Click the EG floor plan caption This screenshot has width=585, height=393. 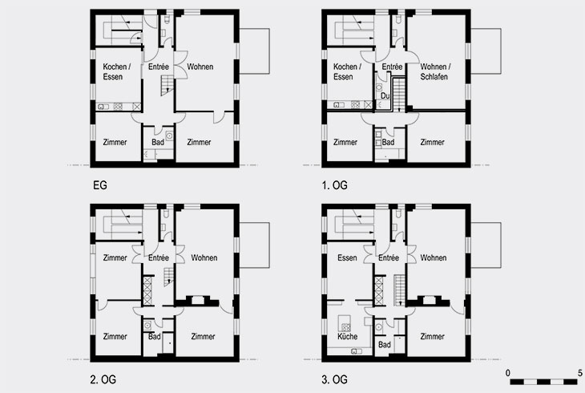pyautogui.click(x=100, y=185)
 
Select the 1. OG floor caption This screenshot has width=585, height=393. pyautogui.click(x=335, y=185)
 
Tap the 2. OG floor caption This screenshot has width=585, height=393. pyautogui.click(x=103, y=379)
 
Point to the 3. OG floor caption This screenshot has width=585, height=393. pyautogui.click(x=335, y=379)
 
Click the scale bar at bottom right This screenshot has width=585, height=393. pyautogui.click(x=544, y=382)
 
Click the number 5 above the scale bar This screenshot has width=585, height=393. pyautogui.click(x=579, y=373)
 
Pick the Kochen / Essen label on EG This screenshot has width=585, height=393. pyautogui.click(x=117, y=71)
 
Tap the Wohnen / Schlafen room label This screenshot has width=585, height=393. pyautogui.click(x=435, y=71)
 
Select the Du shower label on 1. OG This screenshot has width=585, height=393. pyautogui.click(x=385, y=96)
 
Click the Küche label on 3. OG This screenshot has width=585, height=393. pyautogui.click(x=347, y=337)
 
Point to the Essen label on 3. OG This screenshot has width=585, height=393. pyautogui.click(x=347, y=257)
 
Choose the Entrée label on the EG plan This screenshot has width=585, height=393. pyautogui.click(x=159, y=67)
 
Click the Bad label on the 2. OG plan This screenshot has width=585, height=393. pyautogui.click(x=154, y=337)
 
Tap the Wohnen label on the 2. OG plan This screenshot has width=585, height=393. pyautogui.click(x=204, y=257)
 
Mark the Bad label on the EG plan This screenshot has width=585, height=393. pyautogui.click(x=158, y=142)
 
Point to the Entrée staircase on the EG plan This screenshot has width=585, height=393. pyautogui.click(x=167, y=85)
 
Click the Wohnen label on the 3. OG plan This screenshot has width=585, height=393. pyautogui.click(x=434, y=257)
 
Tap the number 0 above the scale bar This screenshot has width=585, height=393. pyautogui.click(x=508, y=373)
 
